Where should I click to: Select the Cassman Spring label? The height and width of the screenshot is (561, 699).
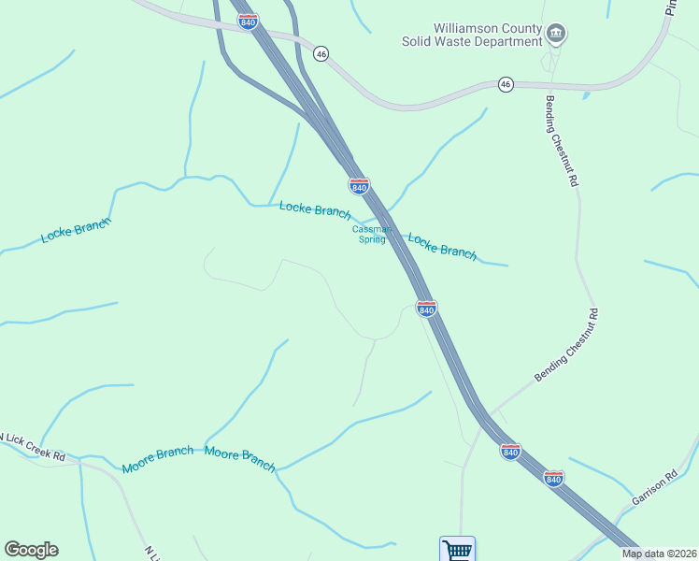[x=368, y=234]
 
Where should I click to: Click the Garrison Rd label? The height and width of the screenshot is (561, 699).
[x=653, y=487]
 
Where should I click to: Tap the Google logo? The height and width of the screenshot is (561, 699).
[x=31, y=550]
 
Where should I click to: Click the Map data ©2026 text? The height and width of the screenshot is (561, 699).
[x=660, y=554]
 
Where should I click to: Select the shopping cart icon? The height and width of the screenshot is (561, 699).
[x=458, y=549]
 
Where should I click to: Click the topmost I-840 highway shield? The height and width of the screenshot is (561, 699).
[x=249, y=22]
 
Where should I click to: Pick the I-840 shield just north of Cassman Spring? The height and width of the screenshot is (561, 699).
[x=359, y=185]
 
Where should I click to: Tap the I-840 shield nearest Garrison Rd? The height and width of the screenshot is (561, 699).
[x=554, y=478]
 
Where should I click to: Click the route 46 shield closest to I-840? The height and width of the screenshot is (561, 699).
[x=321, y=54]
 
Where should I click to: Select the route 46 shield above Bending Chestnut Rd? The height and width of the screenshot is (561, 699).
[x=506, y=84]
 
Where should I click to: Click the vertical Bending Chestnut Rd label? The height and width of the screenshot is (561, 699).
[x=559, y=141]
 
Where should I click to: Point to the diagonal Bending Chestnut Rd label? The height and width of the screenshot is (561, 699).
[x=565, y=347]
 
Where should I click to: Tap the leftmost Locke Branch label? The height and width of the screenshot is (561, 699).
[x=76, y=231]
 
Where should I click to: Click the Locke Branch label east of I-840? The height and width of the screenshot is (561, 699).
[x=442, y=246]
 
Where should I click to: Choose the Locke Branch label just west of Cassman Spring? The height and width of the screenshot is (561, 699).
[x=315, y=209]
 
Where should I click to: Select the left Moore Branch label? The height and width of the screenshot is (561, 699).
[x=157, y=459]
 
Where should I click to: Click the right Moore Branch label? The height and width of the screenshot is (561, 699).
[x=240, y=458]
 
